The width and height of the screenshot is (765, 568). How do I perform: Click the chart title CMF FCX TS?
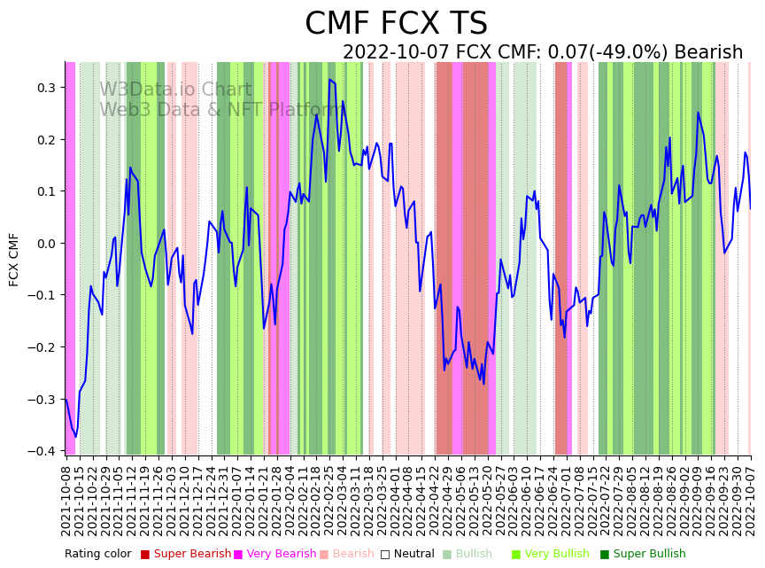coord(396,24)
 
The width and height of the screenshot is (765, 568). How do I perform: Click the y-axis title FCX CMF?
coord(14,260)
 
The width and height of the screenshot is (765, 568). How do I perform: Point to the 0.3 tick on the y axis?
coord(45,88)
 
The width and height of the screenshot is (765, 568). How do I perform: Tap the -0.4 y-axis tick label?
coord(42,451)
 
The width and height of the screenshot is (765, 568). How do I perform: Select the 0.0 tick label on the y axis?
coord(45,244)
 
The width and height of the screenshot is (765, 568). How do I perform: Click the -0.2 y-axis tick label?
coord(42,347)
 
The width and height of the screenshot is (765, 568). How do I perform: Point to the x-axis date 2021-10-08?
coord(66,500)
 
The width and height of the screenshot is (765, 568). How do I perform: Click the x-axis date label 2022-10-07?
coord(751,500)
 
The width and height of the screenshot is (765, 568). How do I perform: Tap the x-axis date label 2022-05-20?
coord(488,500)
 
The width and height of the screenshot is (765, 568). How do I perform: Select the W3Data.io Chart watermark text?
coord(175,90)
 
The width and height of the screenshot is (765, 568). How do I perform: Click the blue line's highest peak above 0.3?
coord(329,80)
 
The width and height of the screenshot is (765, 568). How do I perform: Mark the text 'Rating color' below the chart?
coord(97,555)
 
